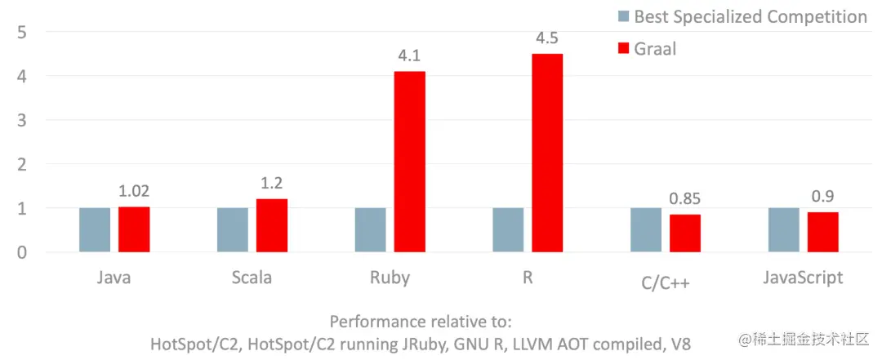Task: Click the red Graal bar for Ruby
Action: click(x=409, y=162)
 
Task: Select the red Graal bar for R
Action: click(x=547, y=153)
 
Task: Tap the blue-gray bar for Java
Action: click(x=95, y=229)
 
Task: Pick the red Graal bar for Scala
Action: click(x=271, y=225)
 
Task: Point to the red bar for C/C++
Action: click(x=685, y=233)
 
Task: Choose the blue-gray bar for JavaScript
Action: click(x=784, y=229)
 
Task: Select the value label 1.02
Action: click(x=134, y=192)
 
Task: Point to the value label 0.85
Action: click(x=686, y=199)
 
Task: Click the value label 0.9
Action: click(x=822, y=197)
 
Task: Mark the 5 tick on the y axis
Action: click(x=23, y=32)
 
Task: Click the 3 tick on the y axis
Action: click(x=23, y=120)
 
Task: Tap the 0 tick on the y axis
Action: click(x=23, y=252)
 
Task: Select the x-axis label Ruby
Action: click(x=390, y=278)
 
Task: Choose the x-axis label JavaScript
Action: click(x=802, y=278)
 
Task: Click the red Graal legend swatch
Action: click(x=623, y=49)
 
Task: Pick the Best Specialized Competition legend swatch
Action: click(x=623, y=16)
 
